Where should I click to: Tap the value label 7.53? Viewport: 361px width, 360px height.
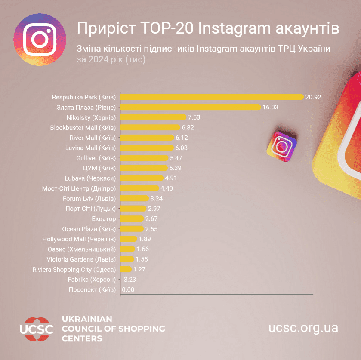click(194, 117)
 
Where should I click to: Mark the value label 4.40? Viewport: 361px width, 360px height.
click(167, 188)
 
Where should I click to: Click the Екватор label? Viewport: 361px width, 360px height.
click(104, 219)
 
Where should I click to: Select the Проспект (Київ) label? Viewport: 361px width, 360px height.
click(93, 290)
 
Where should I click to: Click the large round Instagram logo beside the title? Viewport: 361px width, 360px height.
click(40, 39)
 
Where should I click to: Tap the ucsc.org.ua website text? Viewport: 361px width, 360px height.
click(303, 328)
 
